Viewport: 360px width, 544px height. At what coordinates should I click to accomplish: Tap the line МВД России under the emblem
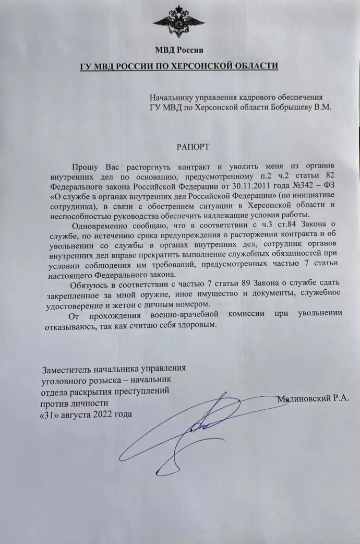click(179, 50)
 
